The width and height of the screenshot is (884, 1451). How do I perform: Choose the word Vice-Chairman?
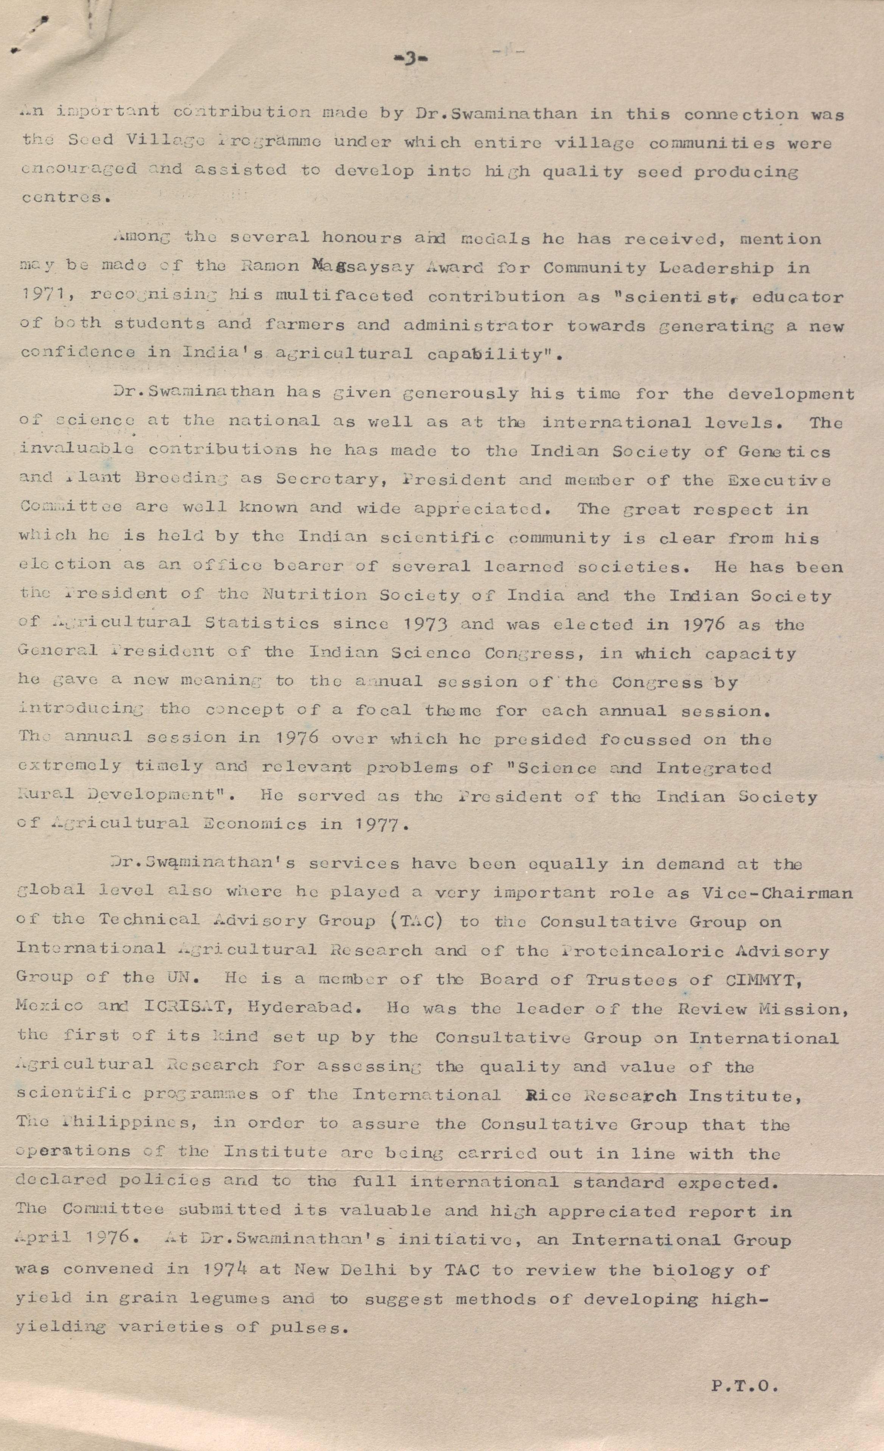click(777, 893)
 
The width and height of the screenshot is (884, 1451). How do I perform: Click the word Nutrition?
click(314, 595)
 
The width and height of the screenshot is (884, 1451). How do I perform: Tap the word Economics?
click(254, 823)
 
